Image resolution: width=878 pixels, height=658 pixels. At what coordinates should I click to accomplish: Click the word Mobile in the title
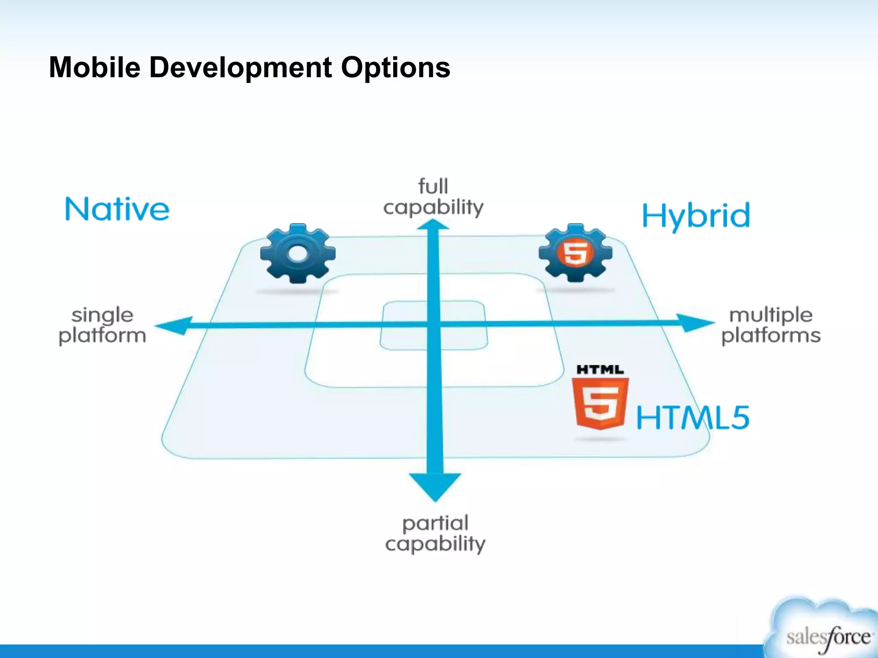[94, 68]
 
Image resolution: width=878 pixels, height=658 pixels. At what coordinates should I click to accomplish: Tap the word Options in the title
[395, 68]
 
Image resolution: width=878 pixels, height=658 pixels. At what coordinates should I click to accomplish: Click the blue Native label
[117, 209]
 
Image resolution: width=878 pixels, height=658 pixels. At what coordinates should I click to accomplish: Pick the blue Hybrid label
[696, 215]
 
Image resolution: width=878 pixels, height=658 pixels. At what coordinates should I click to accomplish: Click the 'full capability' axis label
[433, 197]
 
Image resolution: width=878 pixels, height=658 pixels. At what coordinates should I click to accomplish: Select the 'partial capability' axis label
[435, 533]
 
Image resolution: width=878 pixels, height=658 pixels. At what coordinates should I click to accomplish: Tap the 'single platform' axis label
[102, 325]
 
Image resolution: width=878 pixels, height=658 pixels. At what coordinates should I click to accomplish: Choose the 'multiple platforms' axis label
[771, 325]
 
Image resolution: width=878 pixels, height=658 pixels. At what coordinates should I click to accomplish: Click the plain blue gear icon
[298, 253]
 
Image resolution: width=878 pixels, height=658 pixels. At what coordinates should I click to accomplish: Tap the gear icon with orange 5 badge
[575, 252]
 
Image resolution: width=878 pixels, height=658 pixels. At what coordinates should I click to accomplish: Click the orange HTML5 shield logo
[600, 403]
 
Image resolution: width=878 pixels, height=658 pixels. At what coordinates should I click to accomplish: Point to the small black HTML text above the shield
[600, 370]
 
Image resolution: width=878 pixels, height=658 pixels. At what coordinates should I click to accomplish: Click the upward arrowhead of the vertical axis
[433, 225]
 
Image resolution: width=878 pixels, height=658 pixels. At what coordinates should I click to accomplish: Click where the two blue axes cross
[434, 325]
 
